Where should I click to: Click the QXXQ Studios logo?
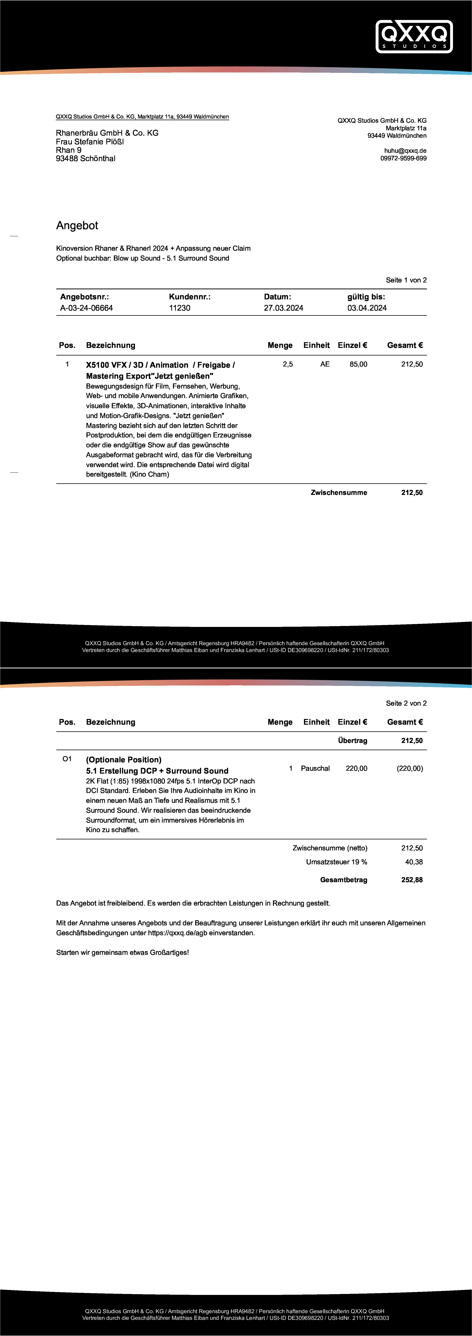pos(414,36)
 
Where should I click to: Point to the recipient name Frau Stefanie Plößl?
pos(90,142)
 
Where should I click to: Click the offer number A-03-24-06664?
pos(86,308)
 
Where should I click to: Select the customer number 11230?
pos(180,308)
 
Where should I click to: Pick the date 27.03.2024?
pos(283,308)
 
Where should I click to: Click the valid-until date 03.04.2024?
pos(367,308)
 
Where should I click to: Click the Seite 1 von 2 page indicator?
pos(406,280)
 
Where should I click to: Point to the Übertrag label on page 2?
pos(352,741)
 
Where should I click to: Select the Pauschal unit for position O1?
pos(315,769)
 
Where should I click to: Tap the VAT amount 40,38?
pos(413,862)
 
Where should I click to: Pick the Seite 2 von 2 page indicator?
pos(406,703)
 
